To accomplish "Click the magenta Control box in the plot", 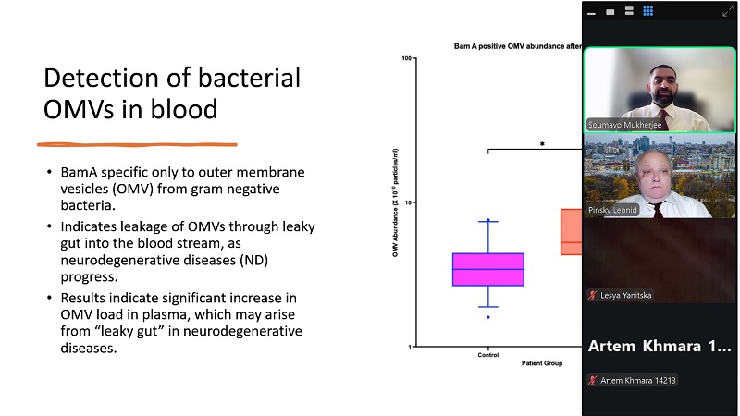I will [488, 269].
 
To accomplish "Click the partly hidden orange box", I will [572, 231].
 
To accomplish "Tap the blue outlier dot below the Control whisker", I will [488, 317].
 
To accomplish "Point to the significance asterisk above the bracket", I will [543, 144].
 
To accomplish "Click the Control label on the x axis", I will [488, 355].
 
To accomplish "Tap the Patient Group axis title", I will [541, 364].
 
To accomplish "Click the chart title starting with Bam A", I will [516, 45].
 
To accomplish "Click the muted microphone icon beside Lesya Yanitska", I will [592, 295].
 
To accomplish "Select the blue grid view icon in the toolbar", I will [648, 11].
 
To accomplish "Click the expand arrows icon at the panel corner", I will [728, 10].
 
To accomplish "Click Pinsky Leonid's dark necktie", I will [658, 209].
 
